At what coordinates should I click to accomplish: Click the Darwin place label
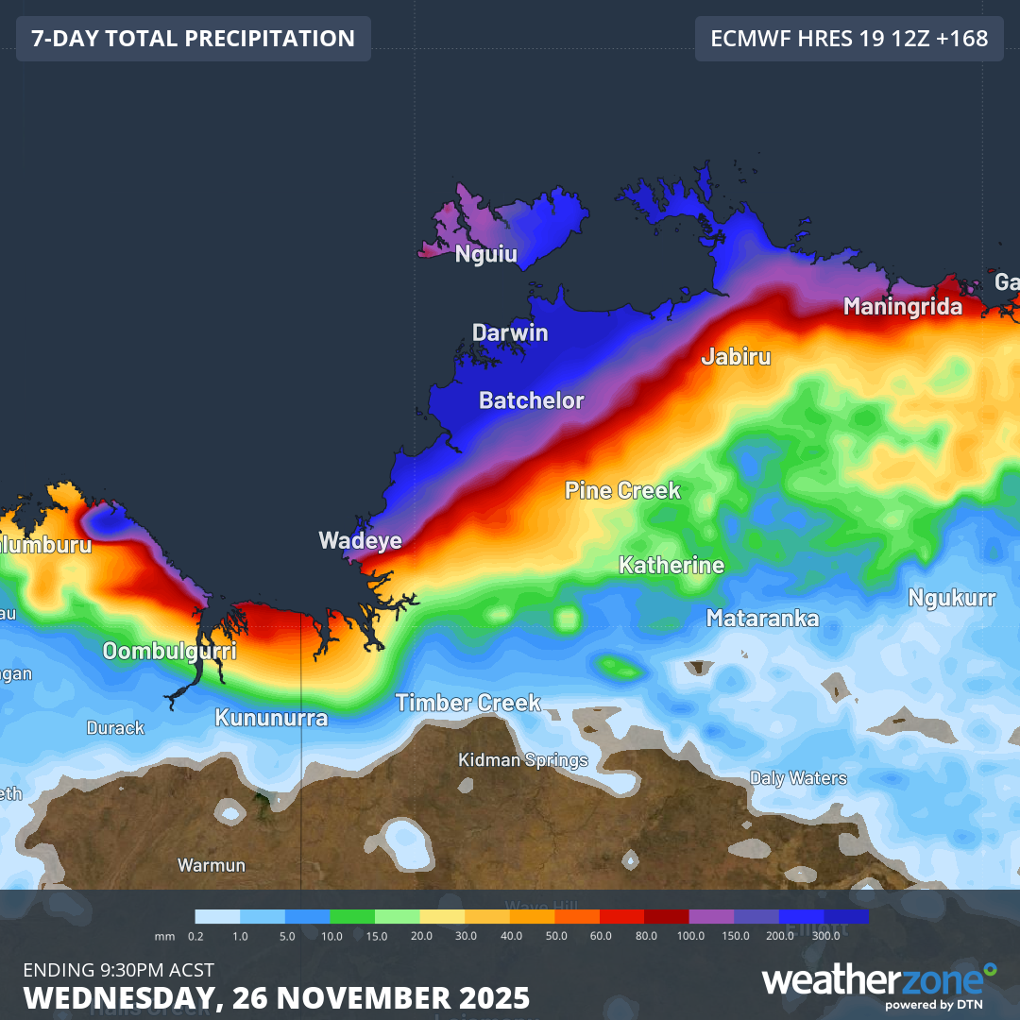[x=510, y=332]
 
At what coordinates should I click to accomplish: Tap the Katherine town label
[x=671, y=565]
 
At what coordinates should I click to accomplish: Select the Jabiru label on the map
[x=736, y=356]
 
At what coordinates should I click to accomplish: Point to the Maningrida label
[x=903, y=306]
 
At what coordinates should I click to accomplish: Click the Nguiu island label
[x=486, y=253]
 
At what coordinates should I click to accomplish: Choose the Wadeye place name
[x=360, y=540]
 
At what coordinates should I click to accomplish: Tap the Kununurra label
[x=271, y=718]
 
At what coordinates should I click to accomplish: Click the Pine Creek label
[x=622, y=490]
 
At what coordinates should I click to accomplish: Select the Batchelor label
[x=531, y=399]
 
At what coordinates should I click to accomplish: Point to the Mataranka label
[x=762, y=619]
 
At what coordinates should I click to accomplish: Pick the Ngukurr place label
[x=952, y=597]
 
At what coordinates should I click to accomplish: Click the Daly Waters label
[x=798, y=778]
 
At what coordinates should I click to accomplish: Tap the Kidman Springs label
[x=523, y=759]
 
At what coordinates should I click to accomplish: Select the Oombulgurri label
[x=169, y=651]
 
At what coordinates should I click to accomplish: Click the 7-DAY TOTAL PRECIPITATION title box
[x=194, y=39]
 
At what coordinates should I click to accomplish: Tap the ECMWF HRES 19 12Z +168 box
[x=849, y=39]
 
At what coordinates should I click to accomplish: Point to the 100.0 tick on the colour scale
[x=690, y=935]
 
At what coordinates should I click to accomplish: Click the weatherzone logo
[x=878, y=982]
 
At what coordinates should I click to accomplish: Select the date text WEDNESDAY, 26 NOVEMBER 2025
[x=276, y=998]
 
